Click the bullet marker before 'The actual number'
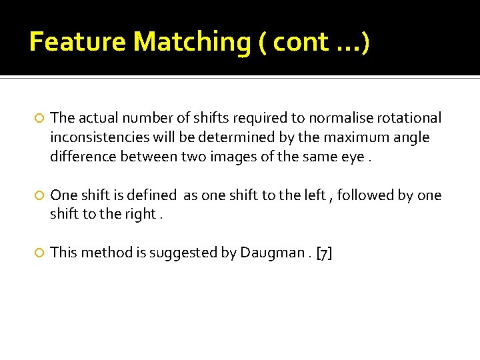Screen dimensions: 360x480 40,119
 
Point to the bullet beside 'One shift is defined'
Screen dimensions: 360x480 40,196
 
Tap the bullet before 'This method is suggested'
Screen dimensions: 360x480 40,253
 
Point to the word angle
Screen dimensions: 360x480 411,138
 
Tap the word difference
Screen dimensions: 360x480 81,157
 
